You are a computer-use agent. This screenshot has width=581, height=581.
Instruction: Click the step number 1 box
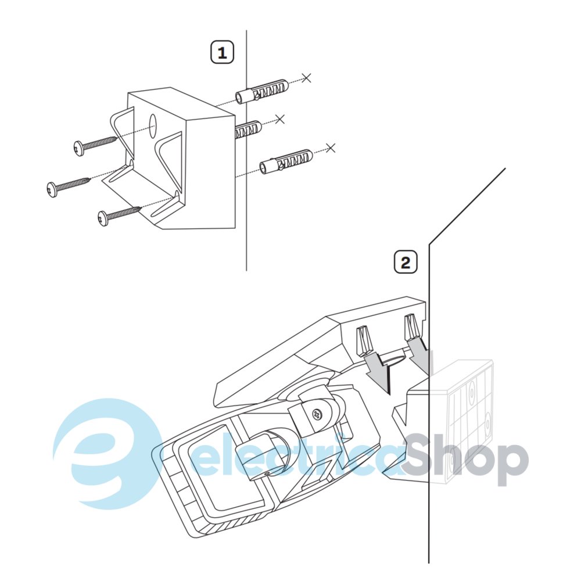(x=223, y=52)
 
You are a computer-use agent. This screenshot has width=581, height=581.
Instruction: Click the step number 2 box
(x=406, y=263)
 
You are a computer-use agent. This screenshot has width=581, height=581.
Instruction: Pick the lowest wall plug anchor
(x=286, y=162)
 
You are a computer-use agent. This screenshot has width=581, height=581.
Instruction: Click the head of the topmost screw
(x=78, y=148)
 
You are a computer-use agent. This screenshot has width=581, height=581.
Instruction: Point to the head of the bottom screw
(x=103, y=218)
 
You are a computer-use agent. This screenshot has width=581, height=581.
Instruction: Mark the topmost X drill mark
(x=306, y=78)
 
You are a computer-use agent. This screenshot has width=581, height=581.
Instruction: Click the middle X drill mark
(x=280, y=119)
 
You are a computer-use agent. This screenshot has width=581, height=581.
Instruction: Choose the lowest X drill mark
(x=331, y=148)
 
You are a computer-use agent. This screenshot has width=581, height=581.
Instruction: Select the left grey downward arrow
(x=378, y=372)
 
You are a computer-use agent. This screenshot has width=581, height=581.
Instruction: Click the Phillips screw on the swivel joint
(x=318, y=414)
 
